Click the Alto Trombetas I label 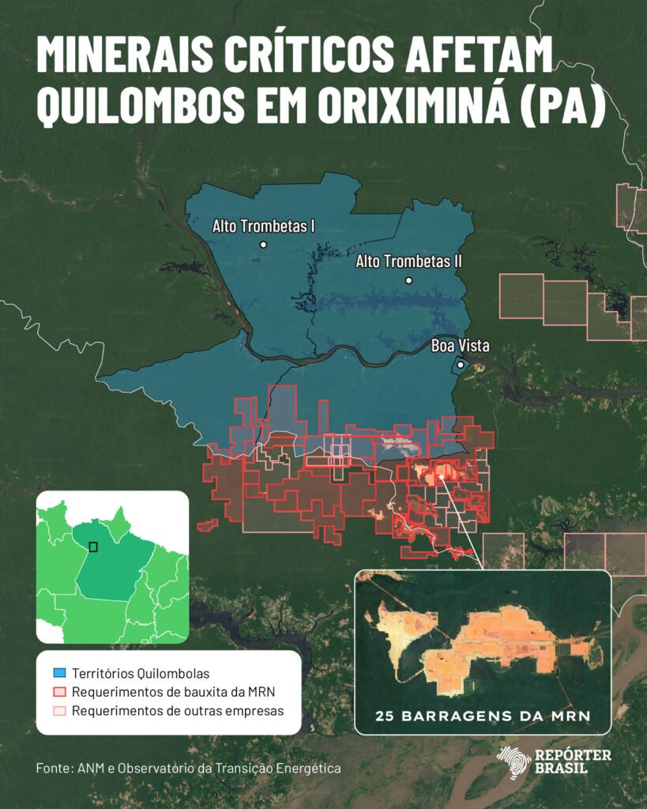(263, 226)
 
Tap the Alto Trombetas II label (408, 261)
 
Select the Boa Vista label (460, 345)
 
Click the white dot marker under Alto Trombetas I (263, 245)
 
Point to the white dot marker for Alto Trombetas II (408, 280)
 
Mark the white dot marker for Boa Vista (461, 365)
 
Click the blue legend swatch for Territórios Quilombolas (59, 674)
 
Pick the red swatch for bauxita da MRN (59, 693)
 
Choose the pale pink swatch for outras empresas (59, 711)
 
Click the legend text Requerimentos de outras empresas (177, 711)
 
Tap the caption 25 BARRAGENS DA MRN (483, 717)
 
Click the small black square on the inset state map (93, 547)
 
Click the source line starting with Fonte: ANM (188, 768)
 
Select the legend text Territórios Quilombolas (141, 674)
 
